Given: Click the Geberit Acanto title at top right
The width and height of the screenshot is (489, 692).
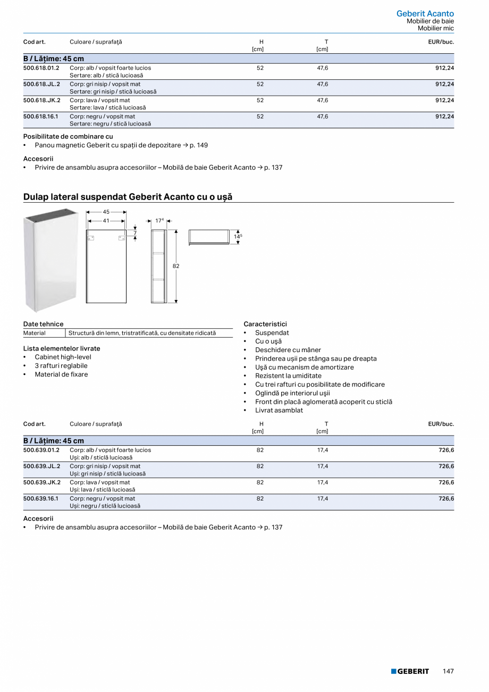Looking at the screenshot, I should [425, 13].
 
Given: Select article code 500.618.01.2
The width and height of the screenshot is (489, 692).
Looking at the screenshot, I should [41, 68].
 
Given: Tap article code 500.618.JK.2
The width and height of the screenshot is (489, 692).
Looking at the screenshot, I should [41, 100].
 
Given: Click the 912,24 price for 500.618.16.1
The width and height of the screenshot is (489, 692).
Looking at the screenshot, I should [444, 116].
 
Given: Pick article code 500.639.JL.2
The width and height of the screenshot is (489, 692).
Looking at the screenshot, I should [41, 466].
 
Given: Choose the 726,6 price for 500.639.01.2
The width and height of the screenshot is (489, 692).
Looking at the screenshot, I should [446, 450].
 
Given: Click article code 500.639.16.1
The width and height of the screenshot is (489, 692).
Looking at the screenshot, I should [41, 498].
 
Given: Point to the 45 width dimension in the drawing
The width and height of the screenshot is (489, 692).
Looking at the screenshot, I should [106, 212].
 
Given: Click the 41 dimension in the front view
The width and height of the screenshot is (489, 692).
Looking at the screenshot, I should [106, 220].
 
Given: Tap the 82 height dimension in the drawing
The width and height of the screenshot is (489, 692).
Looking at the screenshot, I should [176, 265].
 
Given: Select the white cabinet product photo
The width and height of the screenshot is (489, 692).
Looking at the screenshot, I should [51, 260].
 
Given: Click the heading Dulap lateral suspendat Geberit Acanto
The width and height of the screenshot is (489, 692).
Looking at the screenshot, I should [128, 197].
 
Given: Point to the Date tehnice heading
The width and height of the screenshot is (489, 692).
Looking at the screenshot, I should [43, 324].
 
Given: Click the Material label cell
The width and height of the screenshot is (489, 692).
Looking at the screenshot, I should [35, 333].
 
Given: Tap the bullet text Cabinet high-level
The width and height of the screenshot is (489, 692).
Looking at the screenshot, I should [63, 357].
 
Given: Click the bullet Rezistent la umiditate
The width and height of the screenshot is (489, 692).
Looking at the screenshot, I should [288, 376].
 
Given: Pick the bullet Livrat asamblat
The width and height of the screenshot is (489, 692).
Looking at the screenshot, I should [279, 410].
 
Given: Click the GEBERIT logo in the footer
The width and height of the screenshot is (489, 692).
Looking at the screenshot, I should [410, 671].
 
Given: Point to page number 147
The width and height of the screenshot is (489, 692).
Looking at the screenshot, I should [448, 671].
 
